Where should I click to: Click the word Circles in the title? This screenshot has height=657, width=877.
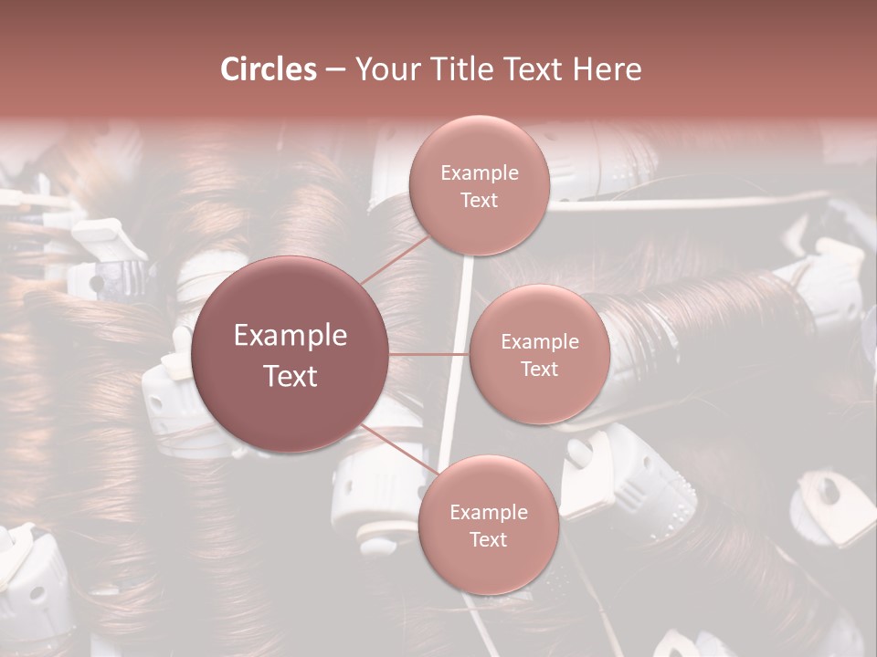(269, 69)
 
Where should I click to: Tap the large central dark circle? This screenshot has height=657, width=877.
(291, 354)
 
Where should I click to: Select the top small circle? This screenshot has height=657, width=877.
(479, 184)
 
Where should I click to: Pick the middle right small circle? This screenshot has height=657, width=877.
(539, 354)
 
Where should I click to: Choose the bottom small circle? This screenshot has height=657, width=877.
(488, 525)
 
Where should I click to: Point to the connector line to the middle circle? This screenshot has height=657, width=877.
(429, 354)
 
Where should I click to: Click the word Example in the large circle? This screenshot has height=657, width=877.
(291, 335)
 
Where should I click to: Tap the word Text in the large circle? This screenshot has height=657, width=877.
(291, 375)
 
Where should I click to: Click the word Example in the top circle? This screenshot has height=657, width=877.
(479, 172)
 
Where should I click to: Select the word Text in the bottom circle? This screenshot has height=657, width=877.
(488, 539)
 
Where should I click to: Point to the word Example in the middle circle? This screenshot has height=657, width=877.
(539, 341)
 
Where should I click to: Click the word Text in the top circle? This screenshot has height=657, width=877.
(479, 200)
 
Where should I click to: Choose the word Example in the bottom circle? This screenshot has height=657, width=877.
(488, 512)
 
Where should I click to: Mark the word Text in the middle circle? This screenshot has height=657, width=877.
(539, 369)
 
